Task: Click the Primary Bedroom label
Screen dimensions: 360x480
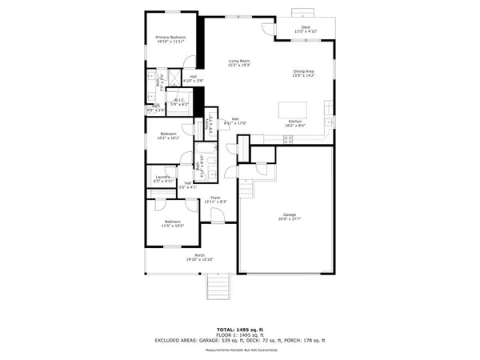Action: [x=171, y=40]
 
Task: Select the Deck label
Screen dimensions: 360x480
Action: [x=306, y=30]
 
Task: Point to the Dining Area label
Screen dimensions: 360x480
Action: [x=304, y=74]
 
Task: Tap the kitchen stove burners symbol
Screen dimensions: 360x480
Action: [x=289, y=138]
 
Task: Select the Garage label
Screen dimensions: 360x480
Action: [x=288, y=217]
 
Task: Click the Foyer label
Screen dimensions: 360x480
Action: [x=215, y=199]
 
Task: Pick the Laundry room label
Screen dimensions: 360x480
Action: [x=162, y=179]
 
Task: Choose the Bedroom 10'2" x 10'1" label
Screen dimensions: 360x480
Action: [x=169, y=135]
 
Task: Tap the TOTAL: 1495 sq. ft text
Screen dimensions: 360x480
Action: [x=239, y=329]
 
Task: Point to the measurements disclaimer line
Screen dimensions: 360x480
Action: [x=239, y=350]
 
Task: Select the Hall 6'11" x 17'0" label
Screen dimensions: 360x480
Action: [x=236, y=121]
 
